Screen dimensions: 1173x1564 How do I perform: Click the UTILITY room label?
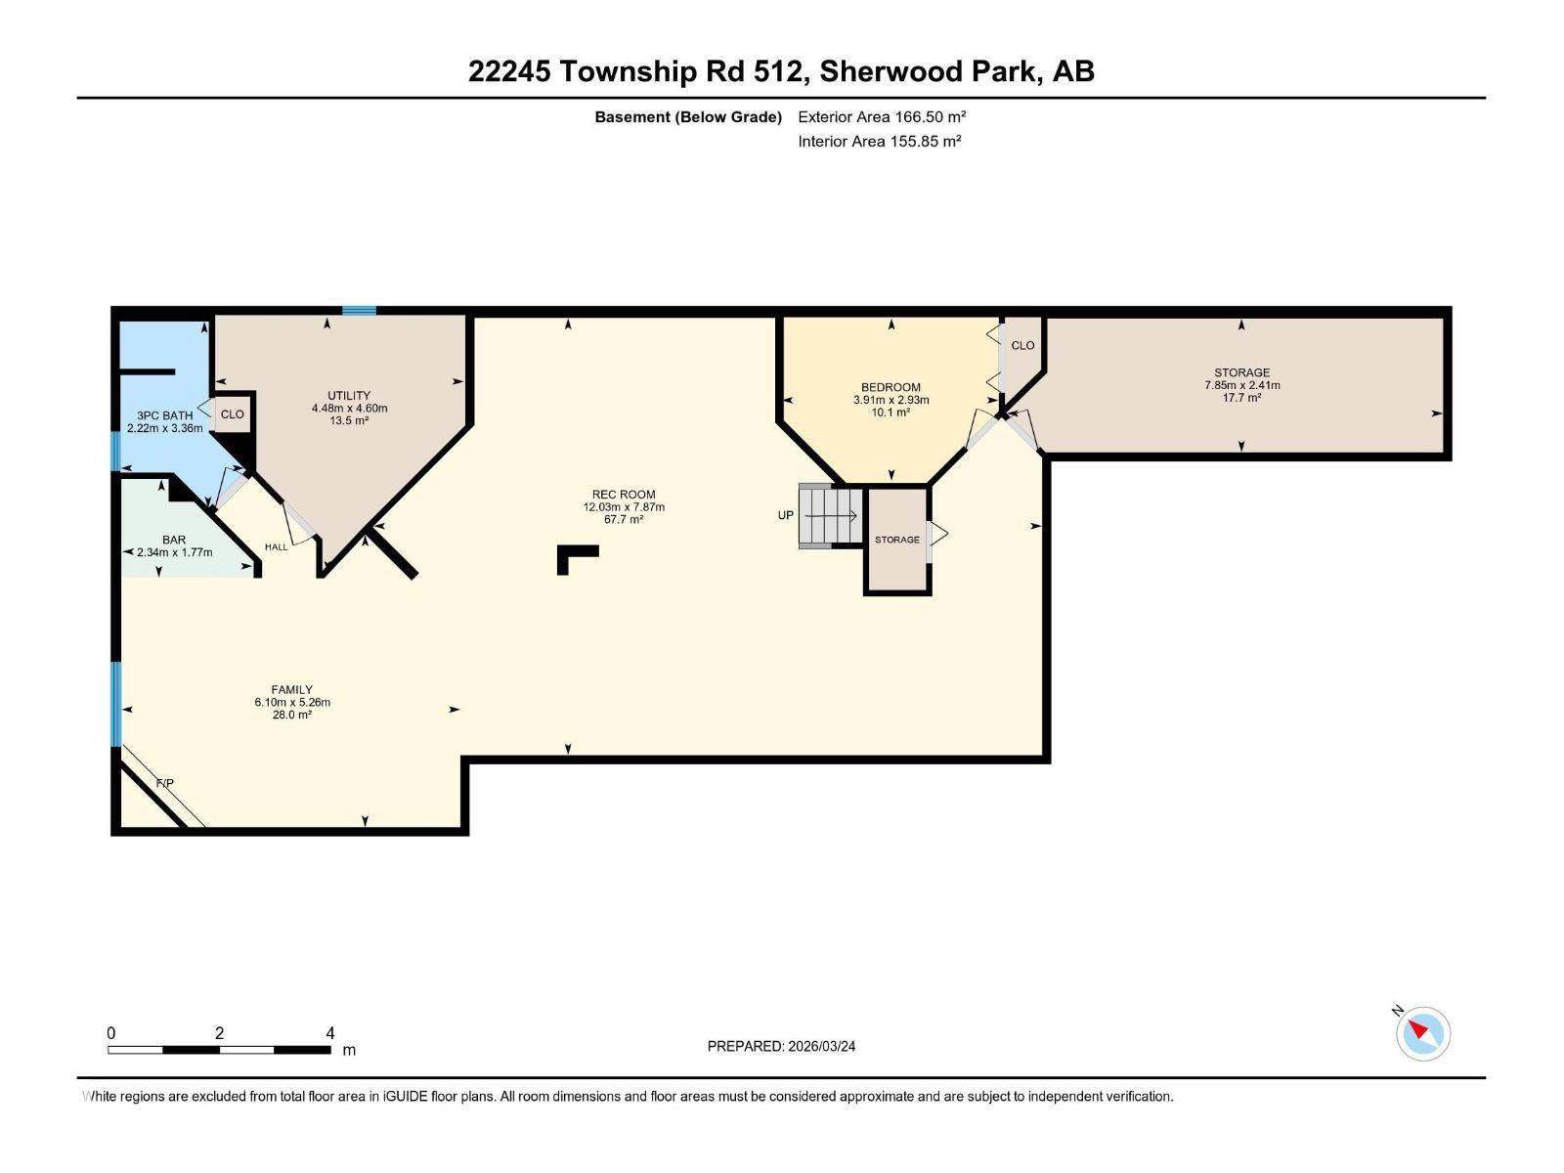tap(349, 396)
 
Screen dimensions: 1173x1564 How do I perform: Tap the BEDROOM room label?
tap(891, 387)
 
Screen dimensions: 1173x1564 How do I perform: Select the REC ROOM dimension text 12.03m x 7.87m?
tap(624, 507)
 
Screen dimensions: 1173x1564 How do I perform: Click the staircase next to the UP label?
tap(830, 516)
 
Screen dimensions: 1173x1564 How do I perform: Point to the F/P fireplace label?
tap(165, 783)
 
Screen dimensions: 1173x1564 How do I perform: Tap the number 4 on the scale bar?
tap(330, 1033)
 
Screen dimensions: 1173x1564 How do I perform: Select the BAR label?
tap(174, 540)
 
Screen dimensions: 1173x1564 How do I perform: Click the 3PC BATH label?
tap(165, 415)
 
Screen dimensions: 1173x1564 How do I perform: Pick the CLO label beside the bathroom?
tap(233, 414)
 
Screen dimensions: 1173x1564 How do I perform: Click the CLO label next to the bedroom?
tap(1022, 345)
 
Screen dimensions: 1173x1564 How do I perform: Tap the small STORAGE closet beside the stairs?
tap(897, 540)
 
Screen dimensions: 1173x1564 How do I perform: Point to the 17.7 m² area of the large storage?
tap(1241, 398)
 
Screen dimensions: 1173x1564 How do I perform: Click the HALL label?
tap(277, 547)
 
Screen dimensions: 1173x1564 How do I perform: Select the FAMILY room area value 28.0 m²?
tap(292, 715)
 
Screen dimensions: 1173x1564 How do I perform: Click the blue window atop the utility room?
tap(359, 311)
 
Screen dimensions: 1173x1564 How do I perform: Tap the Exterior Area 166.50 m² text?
tap(882, 116)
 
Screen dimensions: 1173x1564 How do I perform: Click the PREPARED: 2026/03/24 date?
tap(781, 1046)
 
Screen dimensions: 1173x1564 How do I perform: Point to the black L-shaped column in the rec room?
tap(572, 557)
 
